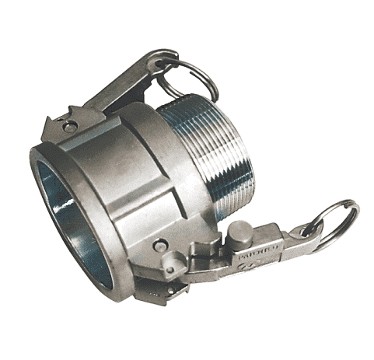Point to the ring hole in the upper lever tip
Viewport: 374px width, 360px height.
(x=166, y=62)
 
